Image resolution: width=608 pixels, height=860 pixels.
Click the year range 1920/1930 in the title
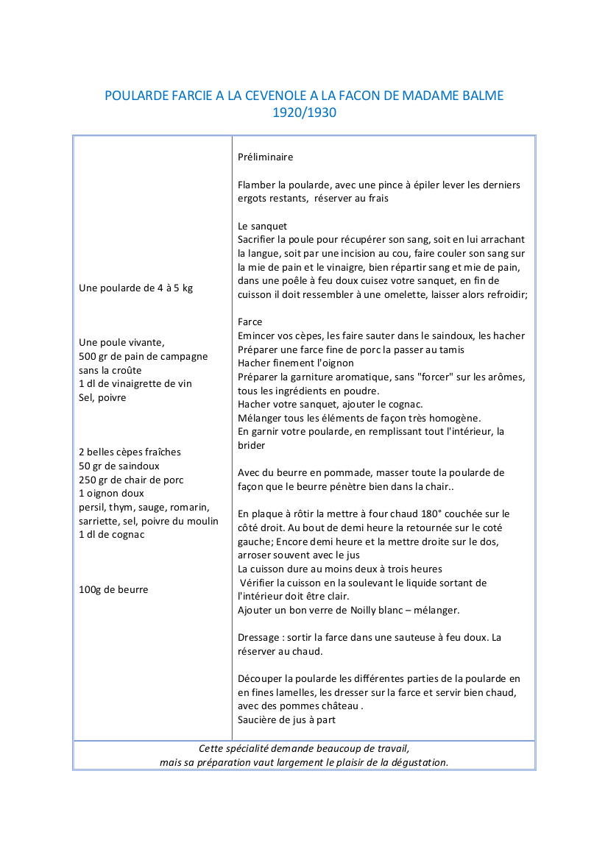tap(304, 113)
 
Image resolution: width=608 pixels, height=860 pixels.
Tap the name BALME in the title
tap(481, 96)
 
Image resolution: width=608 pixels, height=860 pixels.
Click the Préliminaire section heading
tap(266, 157)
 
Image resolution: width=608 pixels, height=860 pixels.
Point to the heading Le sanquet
tap(262, 226)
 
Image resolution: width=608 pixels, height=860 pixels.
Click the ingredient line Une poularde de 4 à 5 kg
tap(135, 288)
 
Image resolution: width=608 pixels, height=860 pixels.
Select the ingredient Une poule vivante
tap(121, 342)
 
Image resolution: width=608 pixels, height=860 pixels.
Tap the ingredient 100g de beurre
tap(113, 589)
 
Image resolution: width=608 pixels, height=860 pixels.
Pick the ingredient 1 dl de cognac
tap(112, 534)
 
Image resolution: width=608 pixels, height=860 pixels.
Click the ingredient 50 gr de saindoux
tap(119, 466)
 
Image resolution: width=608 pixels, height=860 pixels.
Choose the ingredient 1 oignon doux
tap(111, 493)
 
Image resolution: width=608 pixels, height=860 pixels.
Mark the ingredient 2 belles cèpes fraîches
tap(130, 452)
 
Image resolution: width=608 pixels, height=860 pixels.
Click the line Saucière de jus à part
tap(287, 719)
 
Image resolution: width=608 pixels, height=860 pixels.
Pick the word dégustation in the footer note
tap(417, 762)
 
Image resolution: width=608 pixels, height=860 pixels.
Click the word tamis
tap(450, 349)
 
